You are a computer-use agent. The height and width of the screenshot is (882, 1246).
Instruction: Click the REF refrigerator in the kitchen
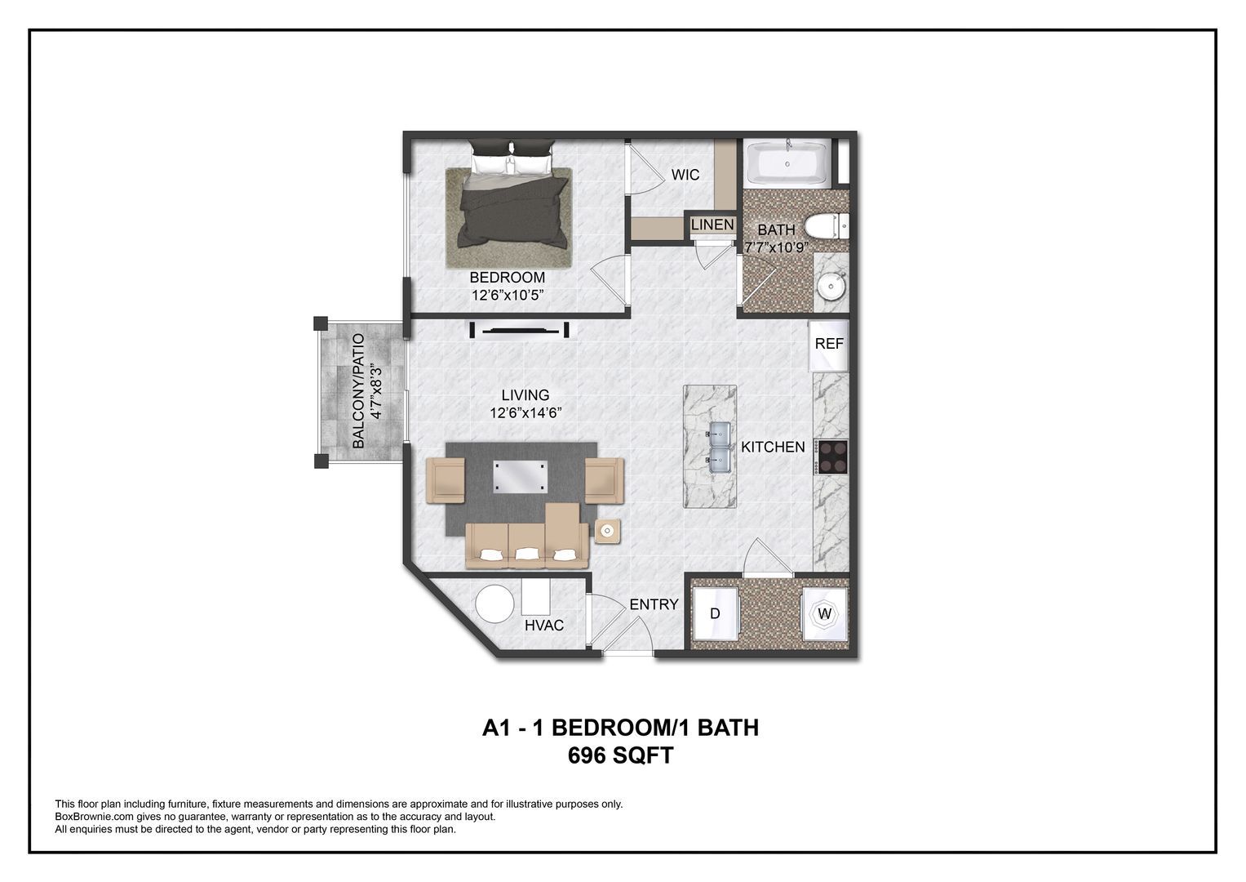(829, 345)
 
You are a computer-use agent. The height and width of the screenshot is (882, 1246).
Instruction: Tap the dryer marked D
(716, 614)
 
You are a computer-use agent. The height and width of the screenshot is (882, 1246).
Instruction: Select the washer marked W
(825, 613)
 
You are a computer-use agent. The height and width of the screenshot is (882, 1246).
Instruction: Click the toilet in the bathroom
(826, 226)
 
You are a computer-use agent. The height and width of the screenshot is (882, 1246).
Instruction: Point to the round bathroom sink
(831, 287)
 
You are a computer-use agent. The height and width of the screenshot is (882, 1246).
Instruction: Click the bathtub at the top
(787, 163)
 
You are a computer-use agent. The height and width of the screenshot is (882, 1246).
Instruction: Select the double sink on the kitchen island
(717, 448)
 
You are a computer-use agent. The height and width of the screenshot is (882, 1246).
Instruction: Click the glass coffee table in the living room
(520, 476)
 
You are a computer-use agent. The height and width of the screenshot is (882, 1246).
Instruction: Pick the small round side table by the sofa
(606, 532)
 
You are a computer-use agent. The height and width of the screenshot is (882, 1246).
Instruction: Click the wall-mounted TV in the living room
(519, 331)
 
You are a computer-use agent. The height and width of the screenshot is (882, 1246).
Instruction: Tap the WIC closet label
(685, 175)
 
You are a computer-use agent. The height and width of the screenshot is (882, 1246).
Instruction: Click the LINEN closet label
(712, 225)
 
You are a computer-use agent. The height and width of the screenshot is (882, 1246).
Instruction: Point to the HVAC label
(544, 626)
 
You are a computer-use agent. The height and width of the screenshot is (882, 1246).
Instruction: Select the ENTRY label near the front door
(654, 604)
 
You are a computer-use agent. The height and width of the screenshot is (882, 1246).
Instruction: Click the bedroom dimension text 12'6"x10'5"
(507, 295)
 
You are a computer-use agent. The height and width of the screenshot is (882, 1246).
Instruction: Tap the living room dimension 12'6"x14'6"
(525, 413)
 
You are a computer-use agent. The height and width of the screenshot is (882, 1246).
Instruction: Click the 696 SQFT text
(620, 756)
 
